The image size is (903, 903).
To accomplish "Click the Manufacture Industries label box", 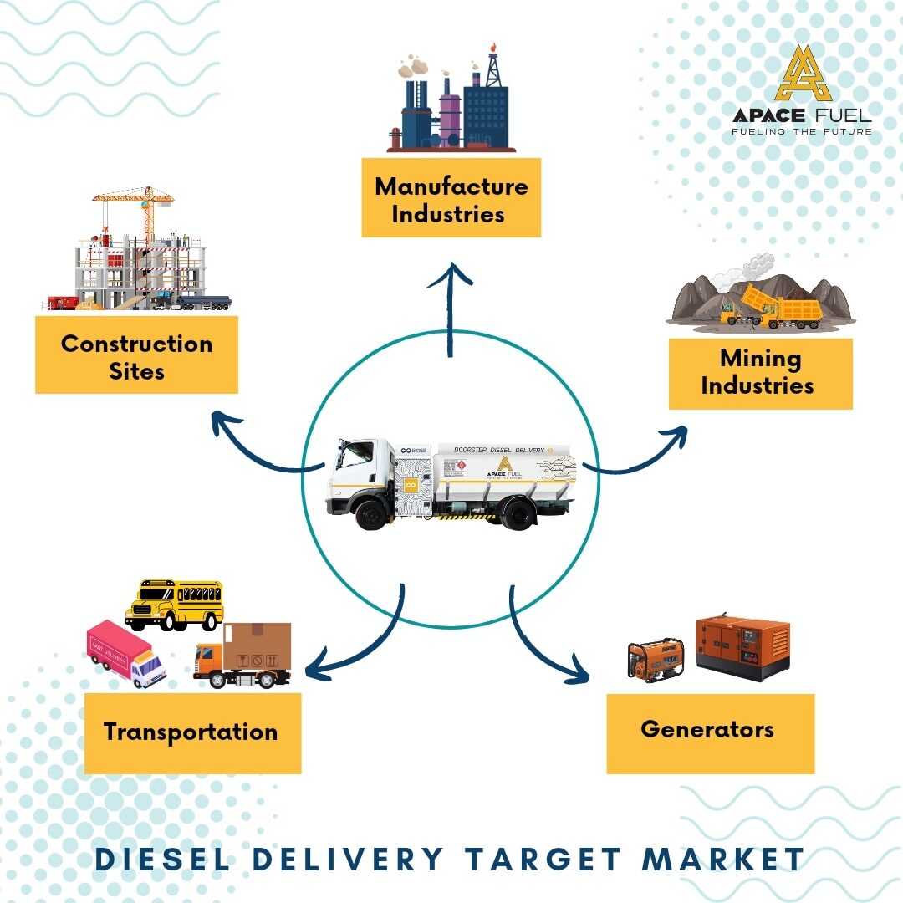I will pyautogui.click(x=451, y=198).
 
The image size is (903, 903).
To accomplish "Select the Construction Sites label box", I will pyautogui.click(x=136, y=355).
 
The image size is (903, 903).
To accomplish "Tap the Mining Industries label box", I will pyautogui.click(x=760, y=373).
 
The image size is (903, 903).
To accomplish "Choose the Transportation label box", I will pyautogui.click(x=192, y=732).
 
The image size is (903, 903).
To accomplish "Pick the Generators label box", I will pyautogui.click(x=710, y=730).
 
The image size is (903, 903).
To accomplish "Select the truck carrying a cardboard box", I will pyautogui.click(x=243, y=656).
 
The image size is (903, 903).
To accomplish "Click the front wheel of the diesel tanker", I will pyautogui.click(x=370, y=513).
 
